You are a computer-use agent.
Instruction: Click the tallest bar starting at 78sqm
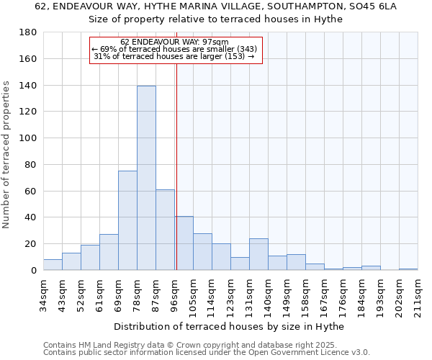pos(146,178)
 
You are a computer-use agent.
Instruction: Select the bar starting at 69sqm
pos(127,220)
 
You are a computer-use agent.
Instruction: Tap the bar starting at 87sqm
pos(165,230)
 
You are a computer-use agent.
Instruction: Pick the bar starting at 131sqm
pos(258,254)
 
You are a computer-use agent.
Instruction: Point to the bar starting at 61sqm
pos(109,252)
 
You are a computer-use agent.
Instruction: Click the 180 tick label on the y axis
pos(28,32)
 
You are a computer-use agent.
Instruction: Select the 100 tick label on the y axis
pos(28,138)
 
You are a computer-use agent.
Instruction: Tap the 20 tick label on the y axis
pos(31,244)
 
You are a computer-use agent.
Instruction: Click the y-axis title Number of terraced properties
pos(7,154)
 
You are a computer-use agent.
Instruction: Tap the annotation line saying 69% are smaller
pos(174,49)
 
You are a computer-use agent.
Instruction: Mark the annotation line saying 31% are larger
pos(174,56)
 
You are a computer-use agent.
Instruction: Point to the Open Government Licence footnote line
pos(207,352)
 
